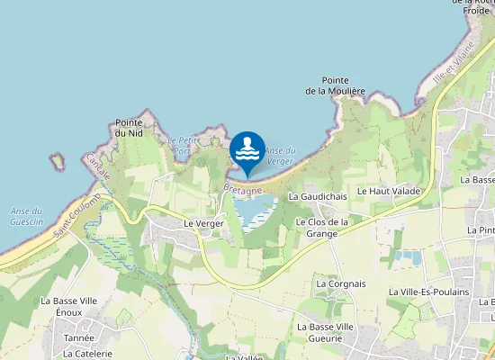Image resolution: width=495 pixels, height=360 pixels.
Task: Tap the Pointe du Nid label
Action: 130,128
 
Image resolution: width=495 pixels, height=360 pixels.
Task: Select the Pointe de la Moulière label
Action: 335,85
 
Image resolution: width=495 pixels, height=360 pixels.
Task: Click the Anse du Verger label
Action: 280,155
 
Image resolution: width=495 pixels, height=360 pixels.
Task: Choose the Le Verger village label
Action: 202,223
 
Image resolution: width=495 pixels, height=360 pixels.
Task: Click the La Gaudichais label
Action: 318,196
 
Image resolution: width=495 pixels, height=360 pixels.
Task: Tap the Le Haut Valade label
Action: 389,192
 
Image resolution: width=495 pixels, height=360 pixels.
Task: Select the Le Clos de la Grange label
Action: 321,228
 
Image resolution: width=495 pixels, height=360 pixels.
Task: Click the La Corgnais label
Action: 341,283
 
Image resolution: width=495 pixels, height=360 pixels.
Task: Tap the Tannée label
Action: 78,338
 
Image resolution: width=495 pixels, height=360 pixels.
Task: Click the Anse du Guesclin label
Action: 26,216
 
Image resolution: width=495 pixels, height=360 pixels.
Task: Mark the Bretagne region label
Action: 242,191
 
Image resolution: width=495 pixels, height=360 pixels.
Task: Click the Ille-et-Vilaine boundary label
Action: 452,67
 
